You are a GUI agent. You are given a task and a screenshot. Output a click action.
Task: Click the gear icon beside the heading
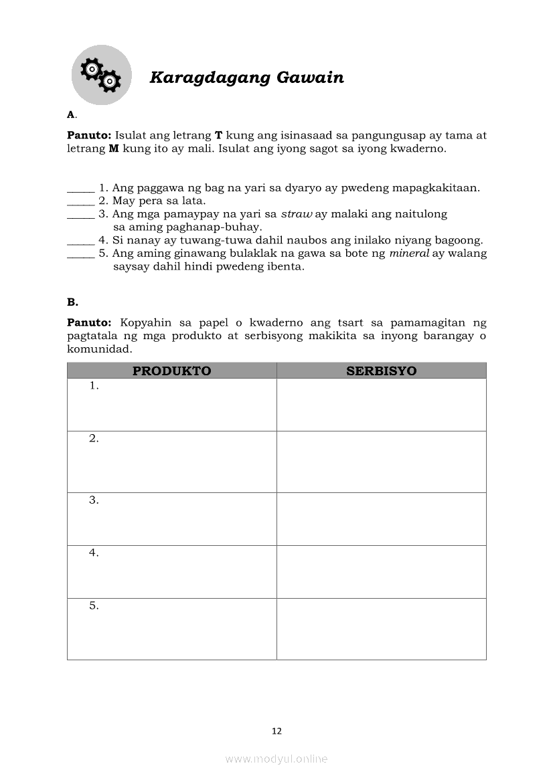[x=101, y=75]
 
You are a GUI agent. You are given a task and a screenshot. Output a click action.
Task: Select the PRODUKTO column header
[x=171, y=371]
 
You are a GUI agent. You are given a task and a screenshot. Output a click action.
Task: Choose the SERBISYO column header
[x=381, y=371]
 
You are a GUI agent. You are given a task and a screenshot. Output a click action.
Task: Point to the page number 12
[x=276, y=731]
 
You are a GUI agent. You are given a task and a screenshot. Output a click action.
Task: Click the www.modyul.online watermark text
[x=276, y=759]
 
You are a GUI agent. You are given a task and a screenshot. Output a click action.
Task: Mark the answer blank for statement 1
[x=81, y=190]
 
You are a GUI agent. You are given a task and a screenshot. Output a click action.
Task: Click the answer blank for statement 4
[x=81, y=242]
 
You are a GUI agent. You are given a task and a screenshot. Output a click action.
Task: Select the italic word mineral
[x=408, y=254]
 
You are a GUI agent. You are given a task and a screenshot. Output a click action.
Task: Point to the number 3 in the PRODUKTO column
[x=94, y=500]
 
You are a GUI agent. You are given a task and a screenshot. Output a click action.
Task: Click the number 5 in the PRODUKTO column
[x=94, y=606]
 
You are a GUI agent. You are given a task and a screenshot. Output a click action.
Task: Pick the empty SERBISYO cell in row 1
[x=381, y=405]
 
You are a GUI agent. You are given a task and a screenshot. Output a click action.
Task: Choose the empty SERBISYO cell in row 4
[x=381, y=571]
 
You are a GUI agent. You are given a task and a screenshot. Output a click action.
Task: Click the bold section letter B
[x=72, y=302]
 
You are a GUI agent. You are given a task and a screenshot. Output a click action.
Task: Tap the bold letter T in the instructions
[x=218, y=135]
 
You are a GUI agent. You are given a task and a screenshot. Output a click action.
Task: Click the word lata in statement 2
[x=192, y=201]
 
